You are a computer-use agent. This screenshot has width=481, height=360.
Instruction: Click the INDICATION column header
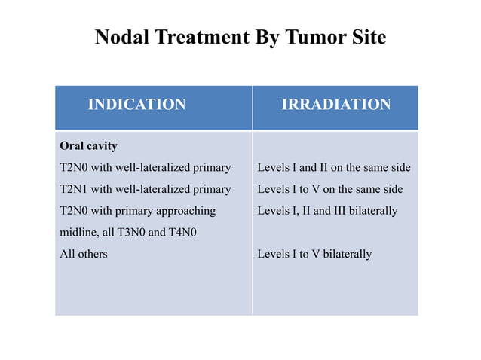click(136, 105)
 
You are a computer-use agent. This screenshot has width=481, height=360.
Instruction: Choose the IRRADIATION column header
click(335, 105)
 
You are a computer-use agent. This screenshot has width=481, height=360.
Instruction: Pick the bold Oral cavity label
click(88, 145)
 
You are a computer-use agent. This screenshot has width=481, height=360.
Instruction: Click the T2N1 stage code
click(75, 189)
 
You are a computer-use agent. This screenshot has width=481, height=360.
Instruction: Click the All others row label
click(83, 255)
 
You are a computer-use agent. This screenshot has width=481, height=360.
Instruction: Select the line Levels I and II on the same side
click(333, 167)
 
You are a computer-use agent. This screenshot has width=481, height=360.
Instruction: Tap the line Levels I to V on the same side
click(329, 189)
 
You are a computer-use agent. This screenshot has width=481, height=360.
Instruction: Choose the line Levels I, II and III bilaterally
click(326, 211)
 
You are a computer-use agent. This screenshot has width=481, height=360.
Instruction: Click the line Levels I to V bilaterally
click(314, 255)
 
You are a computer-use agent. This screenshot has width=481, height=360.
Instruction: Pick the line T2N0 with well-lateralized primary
click(145, 167)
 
